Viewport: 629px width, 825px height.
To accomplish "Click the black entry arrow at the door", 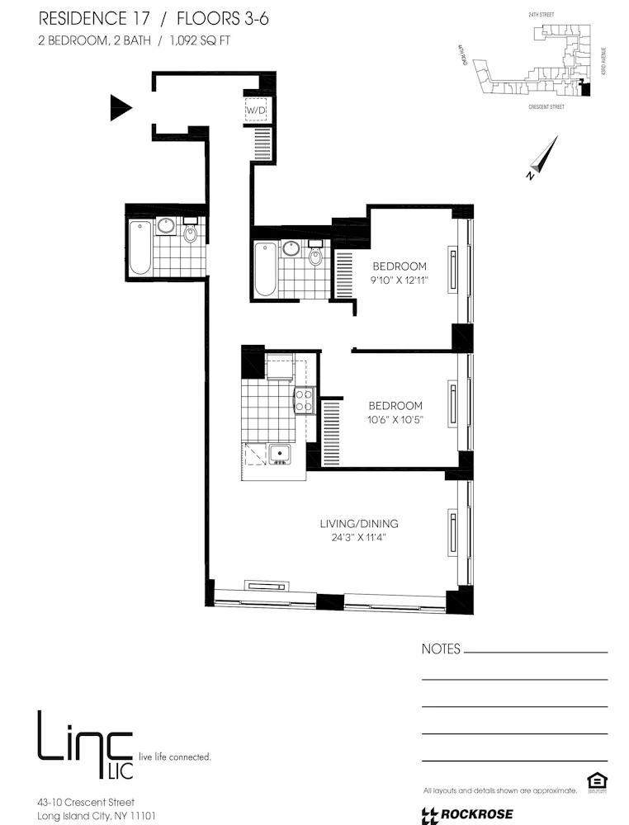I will [121, 107].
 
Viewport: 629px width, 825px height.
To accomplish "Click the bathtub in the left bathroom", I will [140, 247].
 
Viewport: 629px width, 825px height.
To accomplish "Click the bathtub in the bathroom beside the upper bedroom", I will [266, 268].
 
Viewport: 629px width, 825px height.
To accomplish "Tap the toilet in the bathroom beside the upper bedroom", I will [314, 255].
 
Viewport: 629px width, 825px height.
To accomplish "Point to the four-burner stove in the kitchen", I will [305, 401].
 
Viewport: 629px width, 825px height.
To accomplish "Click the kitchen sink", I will [278, 453].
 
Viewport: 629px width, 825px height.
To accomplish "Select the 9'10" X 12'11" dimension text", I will [400, 281].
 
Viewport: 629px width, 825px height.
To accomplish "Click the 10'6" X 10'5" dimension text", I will [395, 421].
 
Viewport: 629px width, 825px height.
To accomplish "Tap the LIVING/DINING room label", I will [359, 524].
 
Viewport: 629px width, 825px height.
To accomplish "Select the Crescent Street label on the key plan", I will [546, 107].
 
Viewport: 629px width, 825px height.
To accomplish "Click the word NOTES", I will [441, 649].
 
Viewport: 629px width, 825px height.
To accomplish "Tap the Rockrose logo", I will [467, 815].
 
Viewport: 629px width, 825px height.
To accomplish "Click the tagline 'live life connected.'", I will [175, 756].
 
